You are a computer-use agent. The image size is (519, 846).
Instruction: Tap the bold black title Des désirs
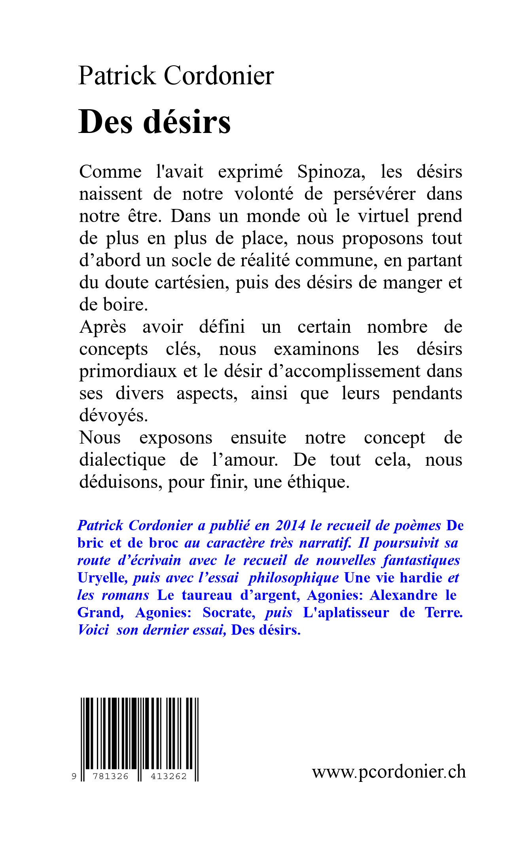[x=154, y=121]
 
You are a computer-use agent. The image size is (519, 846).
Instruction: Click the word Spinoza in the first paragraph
[x=331, y=172]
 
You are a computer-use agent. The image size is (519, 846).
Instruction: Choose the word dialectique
[x=122, y=460]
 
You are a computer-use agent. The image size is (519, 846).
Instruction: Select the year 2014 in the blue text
[x=290, y=525]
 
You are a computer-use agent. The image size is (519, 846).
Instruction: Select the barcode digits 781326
[x=110, y=776]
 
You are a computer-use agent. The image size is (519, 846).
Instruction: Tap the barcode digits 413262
[x=169, y=776]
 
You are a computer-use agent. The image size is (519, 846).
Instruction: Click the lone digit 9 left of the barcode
[x=74, y=776]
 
